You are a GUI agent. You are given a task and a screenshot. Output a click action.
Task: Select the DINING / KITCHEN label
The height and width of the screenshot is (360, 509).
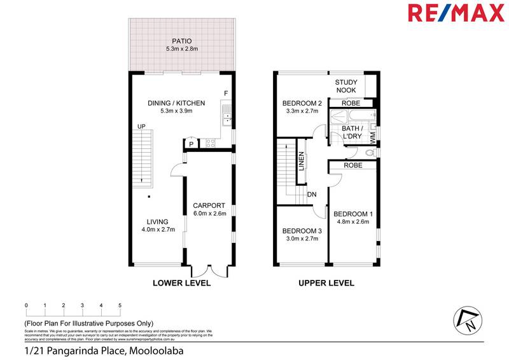[176, 102]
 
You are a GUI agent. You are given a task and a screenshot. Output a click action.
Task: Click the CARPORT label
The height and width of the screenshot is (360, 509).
[209, 205]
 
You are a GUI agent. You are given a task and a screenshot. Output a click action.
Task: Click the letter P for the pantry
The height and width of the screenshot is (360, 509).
[190, 144]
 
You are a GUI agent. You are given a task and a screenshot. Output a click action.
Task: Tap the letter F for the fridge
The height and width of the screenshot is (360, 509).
[225, 94]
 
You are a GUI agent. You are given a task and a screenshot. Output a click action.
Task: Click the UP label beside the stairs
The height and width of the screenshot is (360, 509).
[142, 127]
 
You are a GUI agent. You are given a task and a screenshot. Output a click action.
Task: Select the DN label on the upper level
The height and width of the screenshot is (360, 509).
[312, 195]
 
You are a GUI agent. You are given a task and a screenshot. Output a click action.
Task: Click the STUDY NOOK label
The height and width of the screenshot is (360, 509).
[346, 87]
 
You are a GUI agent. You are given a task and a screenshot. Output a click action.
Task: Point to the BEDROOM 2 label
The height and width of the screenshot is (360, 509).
[302, 103]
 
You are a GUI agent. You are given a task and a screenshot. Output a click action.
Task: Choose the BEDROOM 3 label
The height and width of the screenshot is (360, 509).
[302, 230]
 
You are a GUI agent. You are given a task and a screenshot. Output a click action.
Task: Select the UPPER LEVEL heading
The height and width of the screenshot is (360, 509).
[326, 283]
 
